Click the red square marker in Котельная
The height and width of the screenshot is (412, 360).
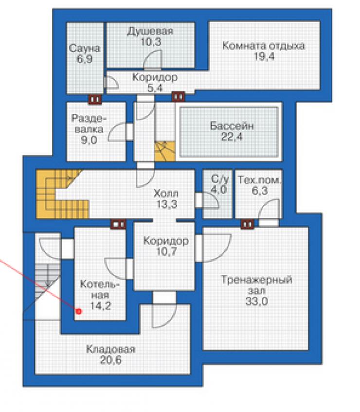click(x=79, y=311)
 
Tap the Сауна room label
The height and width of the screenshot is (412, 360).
click(x=85, y=48)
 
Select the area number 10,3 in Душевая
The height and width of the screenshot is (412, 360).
click(x=151, y=42)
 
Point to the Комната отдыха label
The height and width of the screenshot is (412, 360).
click(x=264, y=46)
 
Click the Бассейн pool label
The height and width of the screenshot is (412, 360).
click(x=232, y=126)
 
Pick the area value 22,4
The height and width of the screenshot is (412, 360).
click(x=232, y=137)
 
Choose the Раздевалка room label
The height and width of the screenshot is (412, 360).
click(x=89, y=124)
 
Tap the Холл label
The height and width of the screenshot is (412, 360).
click(x=166, y=194)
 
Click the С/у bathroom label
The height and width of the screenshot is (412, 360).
click(x=220, y=179)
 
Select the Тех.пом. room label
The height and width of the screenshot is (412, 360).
click(x=259, y=180)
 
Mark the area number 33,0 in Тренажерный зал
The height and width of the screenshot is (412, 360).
click(x=257, y=301)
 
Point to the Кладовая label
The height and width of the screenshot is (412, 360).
click(x=110, y=349)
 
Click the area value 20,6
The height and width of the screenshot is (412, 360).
click(x=110, y=360)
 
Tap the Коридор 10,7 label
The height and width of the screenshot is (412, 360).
click(x=166, y=246)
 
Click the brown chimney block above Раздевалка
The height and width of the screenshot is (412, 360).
click(x=95, y=99)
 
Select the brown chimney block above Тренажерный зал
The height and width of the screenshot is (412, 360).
click(x=248, y=224)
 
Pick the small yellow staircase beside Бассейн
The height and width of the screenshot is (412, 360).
click(x=165, y=151)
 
